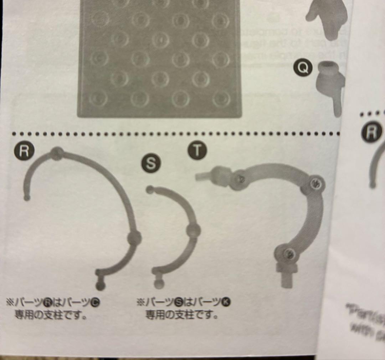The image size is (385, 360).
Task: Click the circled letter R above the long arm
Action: click(x=24, y=152)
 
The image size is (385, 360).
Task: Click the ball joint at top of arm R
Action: click(x=56, y=153)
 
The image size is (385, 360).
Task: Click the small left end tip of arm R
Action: click(x=27, y=197)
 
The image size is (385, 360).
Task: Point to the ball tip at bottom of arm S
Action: click(x=159, y=283)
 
